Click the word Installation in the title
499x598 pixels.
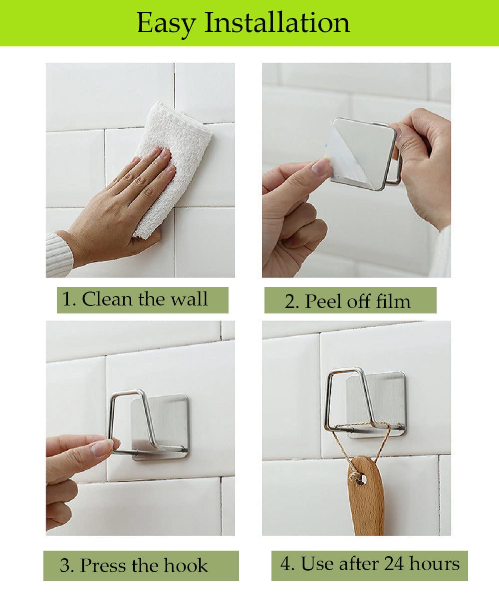click(x=277, y=22)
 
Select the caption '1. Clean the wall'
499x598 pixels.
click(x=135, y=299)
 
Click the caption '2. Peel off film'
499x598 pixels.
click(x=348, y=301)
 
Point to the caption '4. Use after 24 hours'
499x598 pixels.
click(x=370, y=563)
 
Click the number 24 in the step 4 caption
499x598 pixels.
click(x=394, y=563)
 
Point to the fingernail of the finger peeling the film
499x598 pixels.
click(x=321, y=167)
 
